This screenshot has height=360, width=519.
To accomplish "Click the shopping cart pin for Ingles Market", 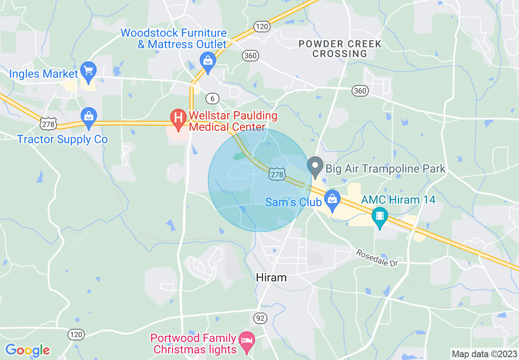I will coord(88,70).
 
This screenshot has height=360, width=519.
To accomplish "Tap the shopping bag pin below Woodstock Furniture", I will coord(208,61).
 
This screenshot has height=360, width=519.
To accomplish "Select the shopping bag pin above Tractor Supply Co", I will coord(89,116).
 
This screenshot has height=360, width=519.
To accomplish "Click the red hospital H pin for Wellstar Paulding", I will coord(178,118).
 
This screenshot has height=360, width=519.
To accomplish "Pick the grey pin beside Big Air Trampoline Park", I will coord(315,166).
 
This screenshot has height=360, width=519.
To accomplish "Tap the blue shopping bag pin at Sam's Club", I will coord(332,199).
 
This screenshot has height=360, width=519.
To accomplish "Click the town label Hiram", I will coord(271,277).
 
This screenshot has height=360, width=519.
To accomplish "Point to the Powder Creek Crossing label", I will coord(339,49).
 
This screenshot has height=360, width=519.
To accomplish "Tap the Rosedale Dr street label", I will coord(377,258).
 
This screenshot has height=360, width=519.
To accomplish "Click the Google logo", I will coord(27,350).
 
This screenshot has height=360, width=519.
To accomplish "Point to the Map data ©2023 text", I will coord(483,354).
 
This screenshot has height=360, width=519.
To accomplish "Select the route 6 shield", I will coord(212,98).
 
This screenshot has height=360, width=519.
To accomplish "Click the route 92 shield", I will coord(259,317).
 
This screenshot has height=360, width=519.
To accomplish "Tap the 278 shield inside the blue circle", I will coord(277,175).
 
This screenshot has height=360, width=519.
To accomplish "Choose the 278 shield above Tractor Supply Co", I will coord(48,122).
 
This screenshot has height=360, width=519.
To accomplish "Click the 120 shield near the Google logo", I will coord(76,335).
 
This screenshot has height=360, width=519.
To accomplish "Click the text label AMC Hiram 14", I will coord(398,200).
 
